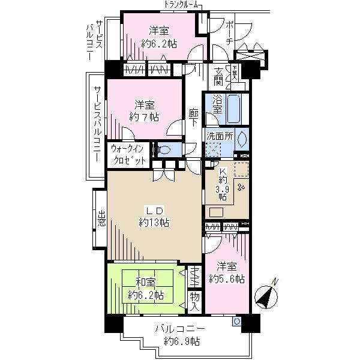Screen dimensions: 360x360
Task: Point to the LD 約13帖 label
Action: [x=154, y=217]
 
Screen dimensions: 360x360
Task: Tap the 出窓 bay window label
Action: [x=100, y=220]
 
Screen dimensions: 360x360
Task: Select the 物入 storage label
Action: [x=194, y=298]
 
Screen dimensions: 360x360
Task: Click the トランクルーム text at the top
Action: [x=183, y=5]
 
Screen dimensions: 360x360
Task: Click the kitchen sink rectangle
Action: [x=216, y=212]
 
